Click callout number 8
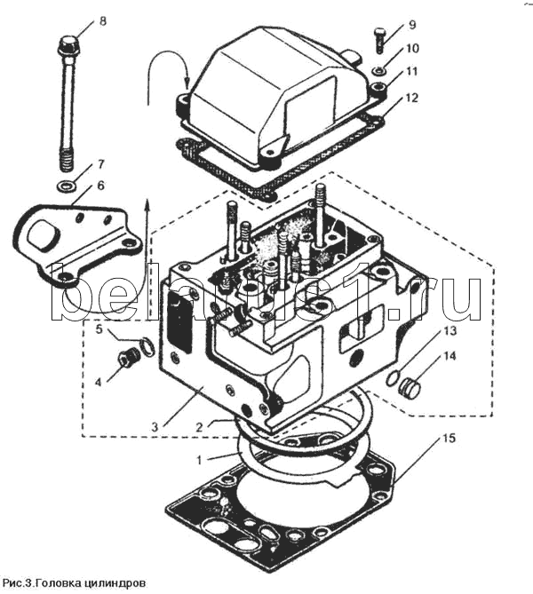coord(103,20)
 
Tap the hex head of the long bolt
coord(68,44)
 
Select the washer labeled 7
coord(66,186)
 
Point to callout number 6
coord(101,186)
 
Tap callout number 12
coord(411,98)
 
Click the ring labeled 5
coord(147,346)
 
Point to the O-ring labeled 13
coord(394,378)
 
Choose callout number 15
coord(449,439)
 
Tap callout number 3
coord(155,427)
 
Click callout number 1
coord(199,460)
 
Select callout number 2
coord(200,427)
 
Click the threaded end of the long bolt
coord(66,160)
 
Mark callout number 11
coord(412,71)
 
